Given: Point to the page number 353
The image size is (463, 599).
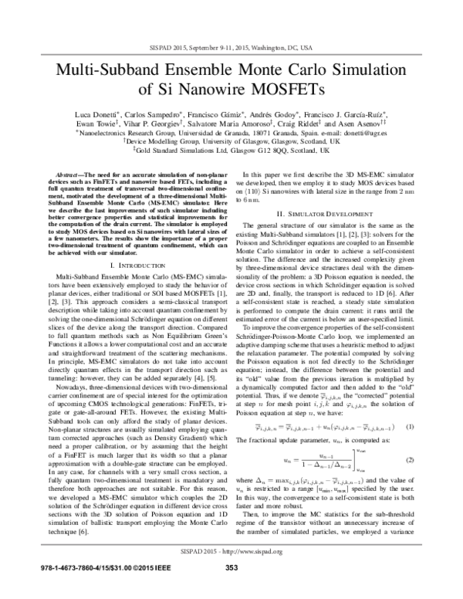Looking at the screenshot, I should [231, 590].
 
